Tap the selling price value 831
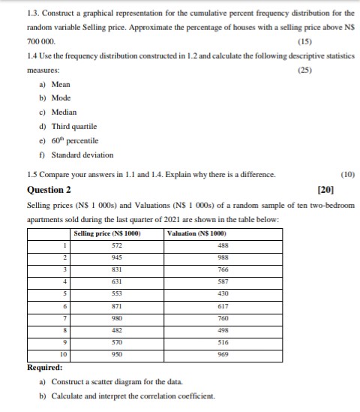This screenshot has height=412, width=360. [116, 271]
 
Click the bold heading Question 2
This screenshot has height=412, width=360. [49, 190]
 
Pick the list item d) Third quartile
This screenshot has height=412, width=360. [67, 126]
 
